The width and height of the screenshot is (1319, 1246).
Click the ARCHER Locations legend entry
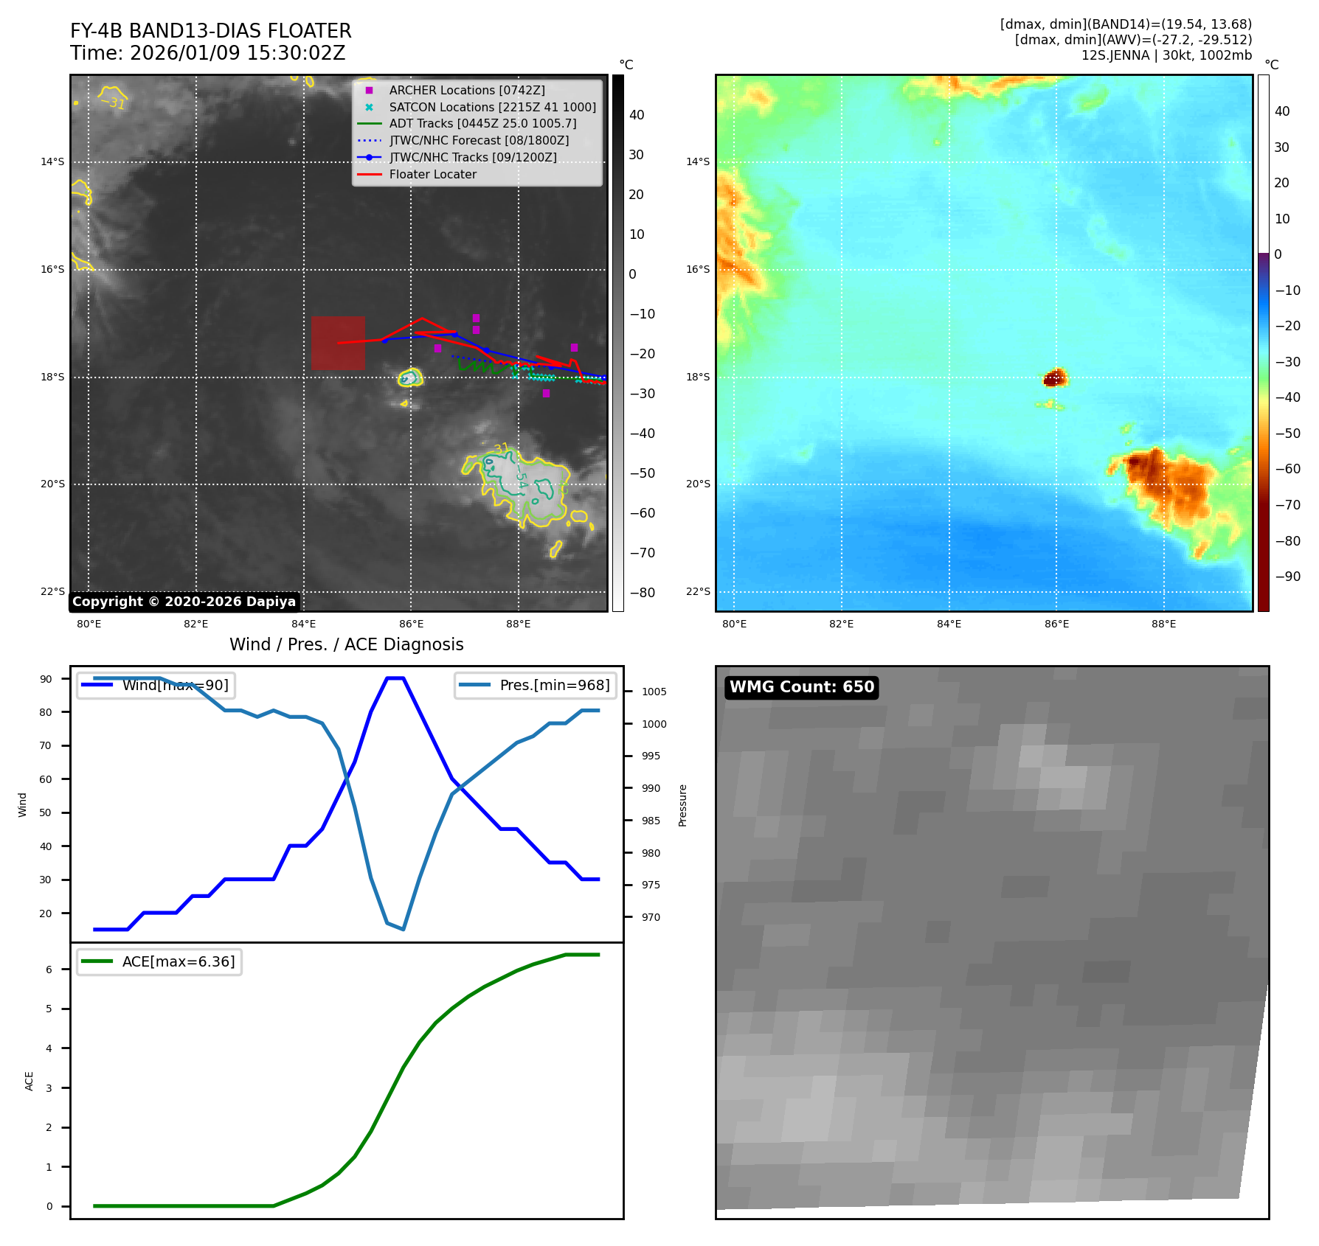pyautogui.click(x=466, y=90)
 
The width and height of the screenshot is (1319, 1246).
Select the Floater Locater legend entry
pyautogui.click(x=432, y=175)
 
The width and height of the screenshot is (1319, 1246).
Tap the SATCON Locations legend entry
pyautogui.click(x=492, y=107)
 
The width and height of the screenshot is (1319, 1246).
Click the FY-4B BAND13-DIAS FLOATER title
pyautogui.click(x=210, y=31)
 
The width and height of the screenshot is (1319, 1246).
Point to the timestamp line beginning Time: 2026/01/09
pyautogui.click(x=207, y=53)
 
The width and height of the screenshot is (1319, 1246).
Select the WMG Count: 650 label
pyautogui.click(x=801, y=687)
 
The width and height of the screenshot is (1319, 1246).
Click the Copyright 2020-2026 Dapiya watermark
pyautogui.click(x=184, y=602)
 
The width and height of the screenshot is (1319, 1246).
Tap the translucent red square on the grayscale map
pyautogui.click(x=338, y=343)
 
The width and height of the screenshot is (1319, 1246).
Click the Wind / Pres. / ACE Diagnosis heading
pyautogui.click(x=346, y=644)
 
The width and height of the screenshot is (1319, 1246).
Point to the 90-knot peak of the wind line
pyautogui.click(x=395, y=678)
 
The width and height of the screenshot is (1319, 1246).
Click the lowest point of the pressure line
pyautogui.click(x=404, y=929)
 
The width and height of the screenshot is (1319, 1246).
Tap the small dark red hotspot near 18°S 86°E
pyautogui.click(x=1055, y=378)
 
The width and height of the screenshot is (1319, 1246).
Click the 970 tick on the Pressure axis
pyautogui.click(x=651, y=917)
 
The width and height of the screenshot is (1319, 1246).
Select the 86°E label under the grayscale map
pyautogui.click(x=411, y=624)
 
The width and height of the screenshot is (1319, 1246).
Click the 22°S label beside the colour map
pyautogui.click(x=697, y=591)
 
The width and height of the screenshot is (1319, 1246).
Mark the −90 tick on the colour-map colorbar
pyautogui.click(x=1287, y=577)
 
